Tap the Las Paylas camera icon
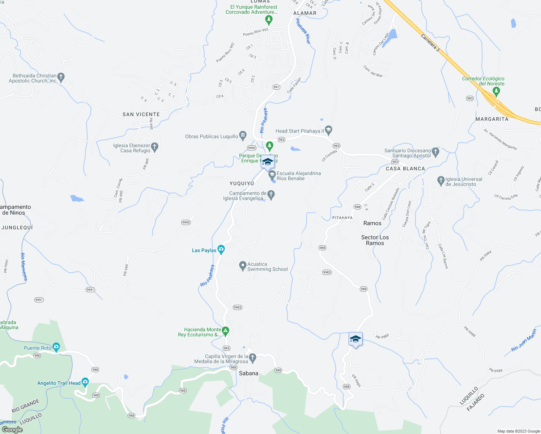(x=221, y=249)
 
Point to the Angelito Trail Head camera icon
(x=85, y=382)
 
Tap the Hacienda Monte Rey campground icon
(x=225, y=330)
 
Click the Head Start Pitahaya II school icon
(x=328, y=129)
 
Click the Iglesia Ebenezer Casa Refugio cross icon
(x=155, y=146)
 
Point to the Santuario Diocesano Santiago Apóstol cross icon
(x=435, y=152)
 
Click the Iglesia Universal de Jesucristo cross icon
(x=441, y=180)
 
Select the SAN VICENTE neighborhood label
(x=141, y=114)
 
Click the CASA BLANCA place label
(x=405, y=169)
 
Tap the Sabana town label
(x=249, y=373)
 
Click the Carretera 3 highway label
(x=430, y=43)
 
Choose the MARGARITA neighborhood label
(x=492, y=119)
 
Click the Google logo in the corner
(x=12, y=430)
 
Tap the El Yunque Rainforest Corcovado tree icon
(x=269, y=19)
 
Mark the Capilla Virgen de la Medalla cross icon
(x=253, y=358)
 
